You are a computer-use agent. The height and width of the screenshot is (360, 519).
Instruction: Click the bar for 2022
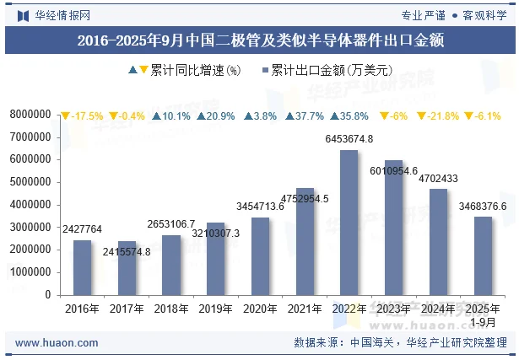click(x=349, y=223)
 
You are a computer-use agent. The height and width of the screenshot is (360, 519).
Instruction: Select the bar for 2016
click(x=82, y=267)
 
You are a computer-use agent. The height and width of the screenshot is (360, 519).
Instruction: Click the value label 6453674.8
click(x=349, y=139)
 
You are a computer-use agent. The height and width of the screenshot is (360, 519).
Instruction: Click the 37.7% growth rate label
click(x=305, y=116)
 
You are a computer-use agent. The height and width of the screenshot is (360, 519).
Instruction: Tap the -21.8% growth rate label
click(x=438, y=116)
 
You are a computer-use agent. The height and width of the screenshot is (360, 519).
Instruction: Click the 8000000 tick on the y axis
click(x=31, y=114)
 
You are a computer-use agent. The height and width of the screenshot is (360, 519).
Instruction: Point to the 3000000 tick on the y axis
click(x=31, y=228)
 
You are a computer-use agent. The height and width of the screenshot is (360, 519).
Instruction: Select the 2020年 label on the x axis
click(x=260, y=309)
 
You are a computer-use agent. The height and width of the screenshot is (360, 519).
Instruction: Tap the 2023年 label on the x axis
click(x=393, y=309)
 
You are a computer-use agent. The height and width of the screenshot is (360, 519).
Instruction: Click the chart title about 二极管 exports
click(x=260, y=40)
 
